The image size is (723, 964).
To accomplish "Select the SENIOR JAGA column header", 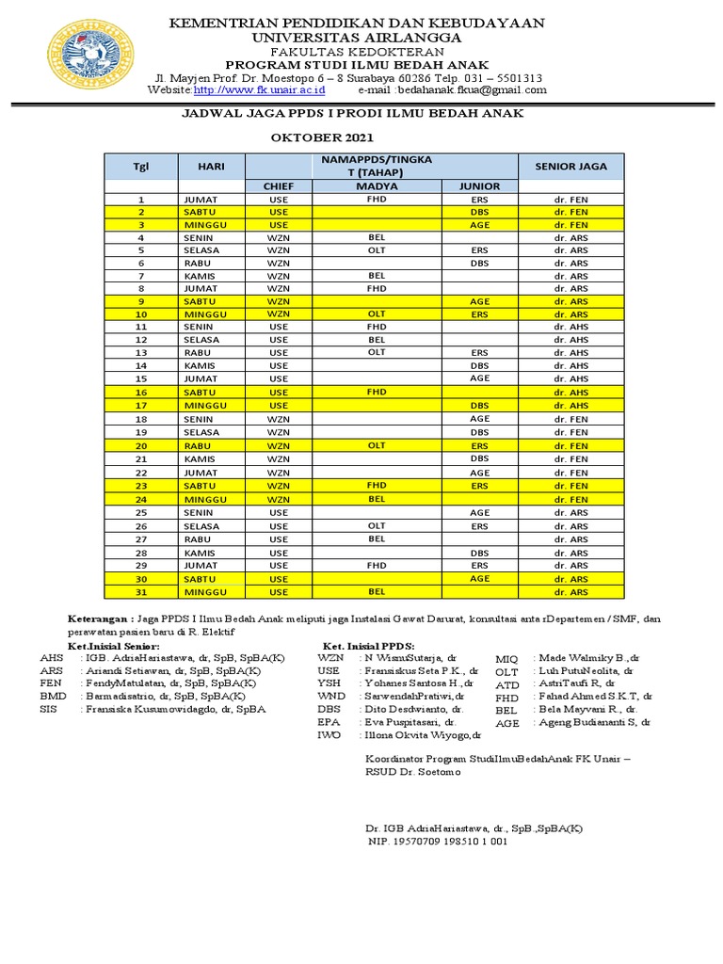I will (x=571, y=167).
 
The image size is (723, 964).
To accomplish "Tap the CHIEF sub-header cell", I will (x=279, y=186).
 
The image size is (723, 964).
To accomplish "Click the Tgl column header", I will (x=141, y=167).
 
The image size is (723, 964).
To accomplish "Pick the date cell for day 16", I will (x=141, y=391).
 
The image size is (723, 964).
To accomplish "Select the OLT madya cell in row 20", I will (x=377, y=445).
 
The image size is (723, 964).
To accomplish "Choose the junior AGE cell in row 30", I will (x=480, y=579).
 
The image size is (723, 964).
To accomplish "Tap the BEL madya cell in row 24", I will (x=377, y=499).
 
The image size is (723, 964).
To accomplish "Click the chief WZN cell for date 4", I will (x=279, y=239).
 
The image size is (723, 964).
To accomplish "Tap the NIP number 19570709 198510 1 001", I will (x=437, y=842).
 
